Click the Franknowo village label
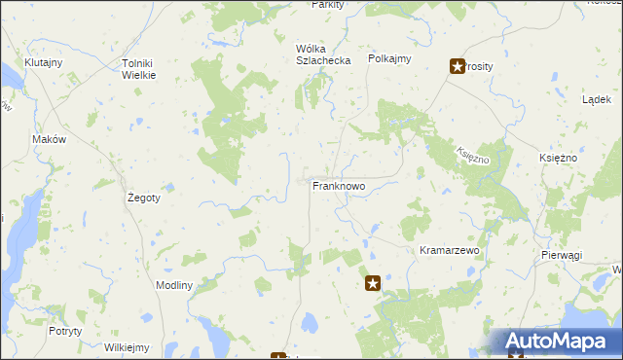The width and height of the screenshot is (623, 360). click(x=338, y=185)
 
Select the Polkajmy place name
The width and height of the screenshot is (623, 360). click(x=389, y=58)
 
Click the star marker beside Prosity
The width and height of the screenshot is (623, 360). click(x=457, y=66)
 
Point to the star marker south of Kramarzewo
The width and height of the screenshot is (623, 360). click(x=373, y=283)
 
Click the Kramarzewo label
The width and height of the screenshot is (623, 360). click(x=450, y=250)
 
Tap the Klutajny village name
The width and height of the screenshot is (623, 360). click(x=43, y=62)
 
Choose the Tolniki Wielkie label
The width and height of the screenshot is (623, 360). click(x=138, y=69)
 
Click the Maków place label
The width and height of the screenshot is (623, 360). click(x=49, y=139)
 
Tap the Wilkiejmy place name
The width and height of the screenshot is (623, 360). click(x=128, y=347)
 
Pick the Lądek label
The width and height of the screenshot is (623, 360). click(x=595, y=99)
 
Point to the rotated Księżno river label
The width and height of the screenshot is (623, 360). click(x=470, y=153)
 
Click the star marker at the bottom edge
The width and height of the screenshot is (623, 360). click(x=278, y=356)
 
